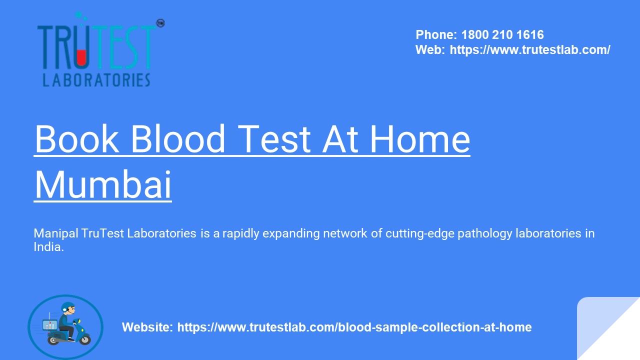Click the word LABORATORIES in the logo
pyautogui.click(x=96, y=80)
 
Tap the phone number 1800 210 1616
pyautogui.click(x=502, y=35)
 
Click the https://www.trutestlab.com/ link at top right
pyautogui.click(x=530, y=50)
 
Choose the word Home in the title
pyautogui.click(x=419, y=139)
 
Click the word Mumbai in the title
pyautogui.click(x=103, y=185)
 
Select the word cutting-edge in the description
pyautogui.click(x=414, y=233)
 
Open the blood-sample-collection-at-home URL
pyautogui.click(x=354, y=327)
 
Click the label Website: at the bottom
pyautogui.click(x=147, y=327)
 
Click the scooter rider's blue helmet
pyautogui.click(x=67, y=307)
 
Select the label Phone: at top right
pyautogui.click(x=436, y=35)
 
